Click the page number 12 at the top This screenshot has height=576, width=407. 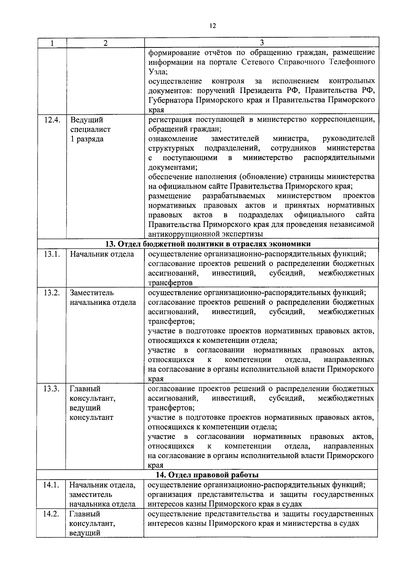point(213,26)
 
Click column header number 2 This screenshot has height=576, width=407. point(106,43)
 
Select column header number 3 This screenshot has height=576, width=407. point(261,43)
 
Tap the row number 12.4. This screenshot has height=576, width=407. point(52,120)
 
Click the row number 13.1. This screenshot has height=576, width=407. point(52,254)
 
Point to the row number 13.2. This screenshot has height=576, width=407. point(52,293)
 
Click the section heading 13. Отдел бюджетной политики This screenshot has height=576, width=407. point(208,244)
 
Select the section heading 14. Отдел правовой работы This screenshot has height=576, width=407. point(207,475)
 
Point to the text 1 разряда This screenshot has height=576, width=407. point(87,139)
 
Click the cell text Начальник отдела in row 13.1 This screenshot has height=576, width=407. point(102,254)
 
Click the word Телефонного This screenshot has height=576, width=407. point(352,62)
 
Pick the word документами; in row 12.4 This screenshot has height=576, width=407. point(173,167)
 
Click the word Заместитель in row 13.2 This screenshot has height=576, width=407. point(92,293)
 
